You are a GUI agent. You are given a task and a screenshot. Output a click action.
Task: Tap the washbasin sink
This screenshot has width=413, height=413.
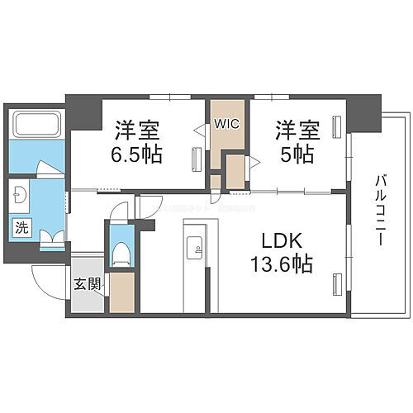pos(21,196)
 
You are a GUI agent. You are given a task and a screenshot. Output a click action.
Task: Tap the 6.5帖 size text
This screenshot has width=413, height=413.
pos(137,154)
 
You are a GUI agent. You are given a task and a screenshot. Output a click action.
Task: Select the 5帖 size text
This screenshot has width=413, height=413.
pos(298,154)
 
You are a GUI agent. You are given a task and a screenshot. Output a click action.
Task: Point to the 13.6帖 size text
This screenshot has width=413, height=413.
pos(281,266)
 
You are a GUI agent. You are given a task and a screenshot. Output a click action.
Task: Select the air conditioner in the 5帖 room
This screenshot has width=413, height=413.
pos(336,126)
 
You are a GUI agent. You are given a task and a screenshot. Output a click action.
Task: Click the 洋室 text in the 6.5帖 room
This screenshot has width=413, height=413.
pos(137,131)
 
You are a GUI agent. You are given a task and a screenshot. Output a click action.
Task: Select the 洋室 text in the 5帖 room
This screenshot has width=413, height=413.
pos(298,131)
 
